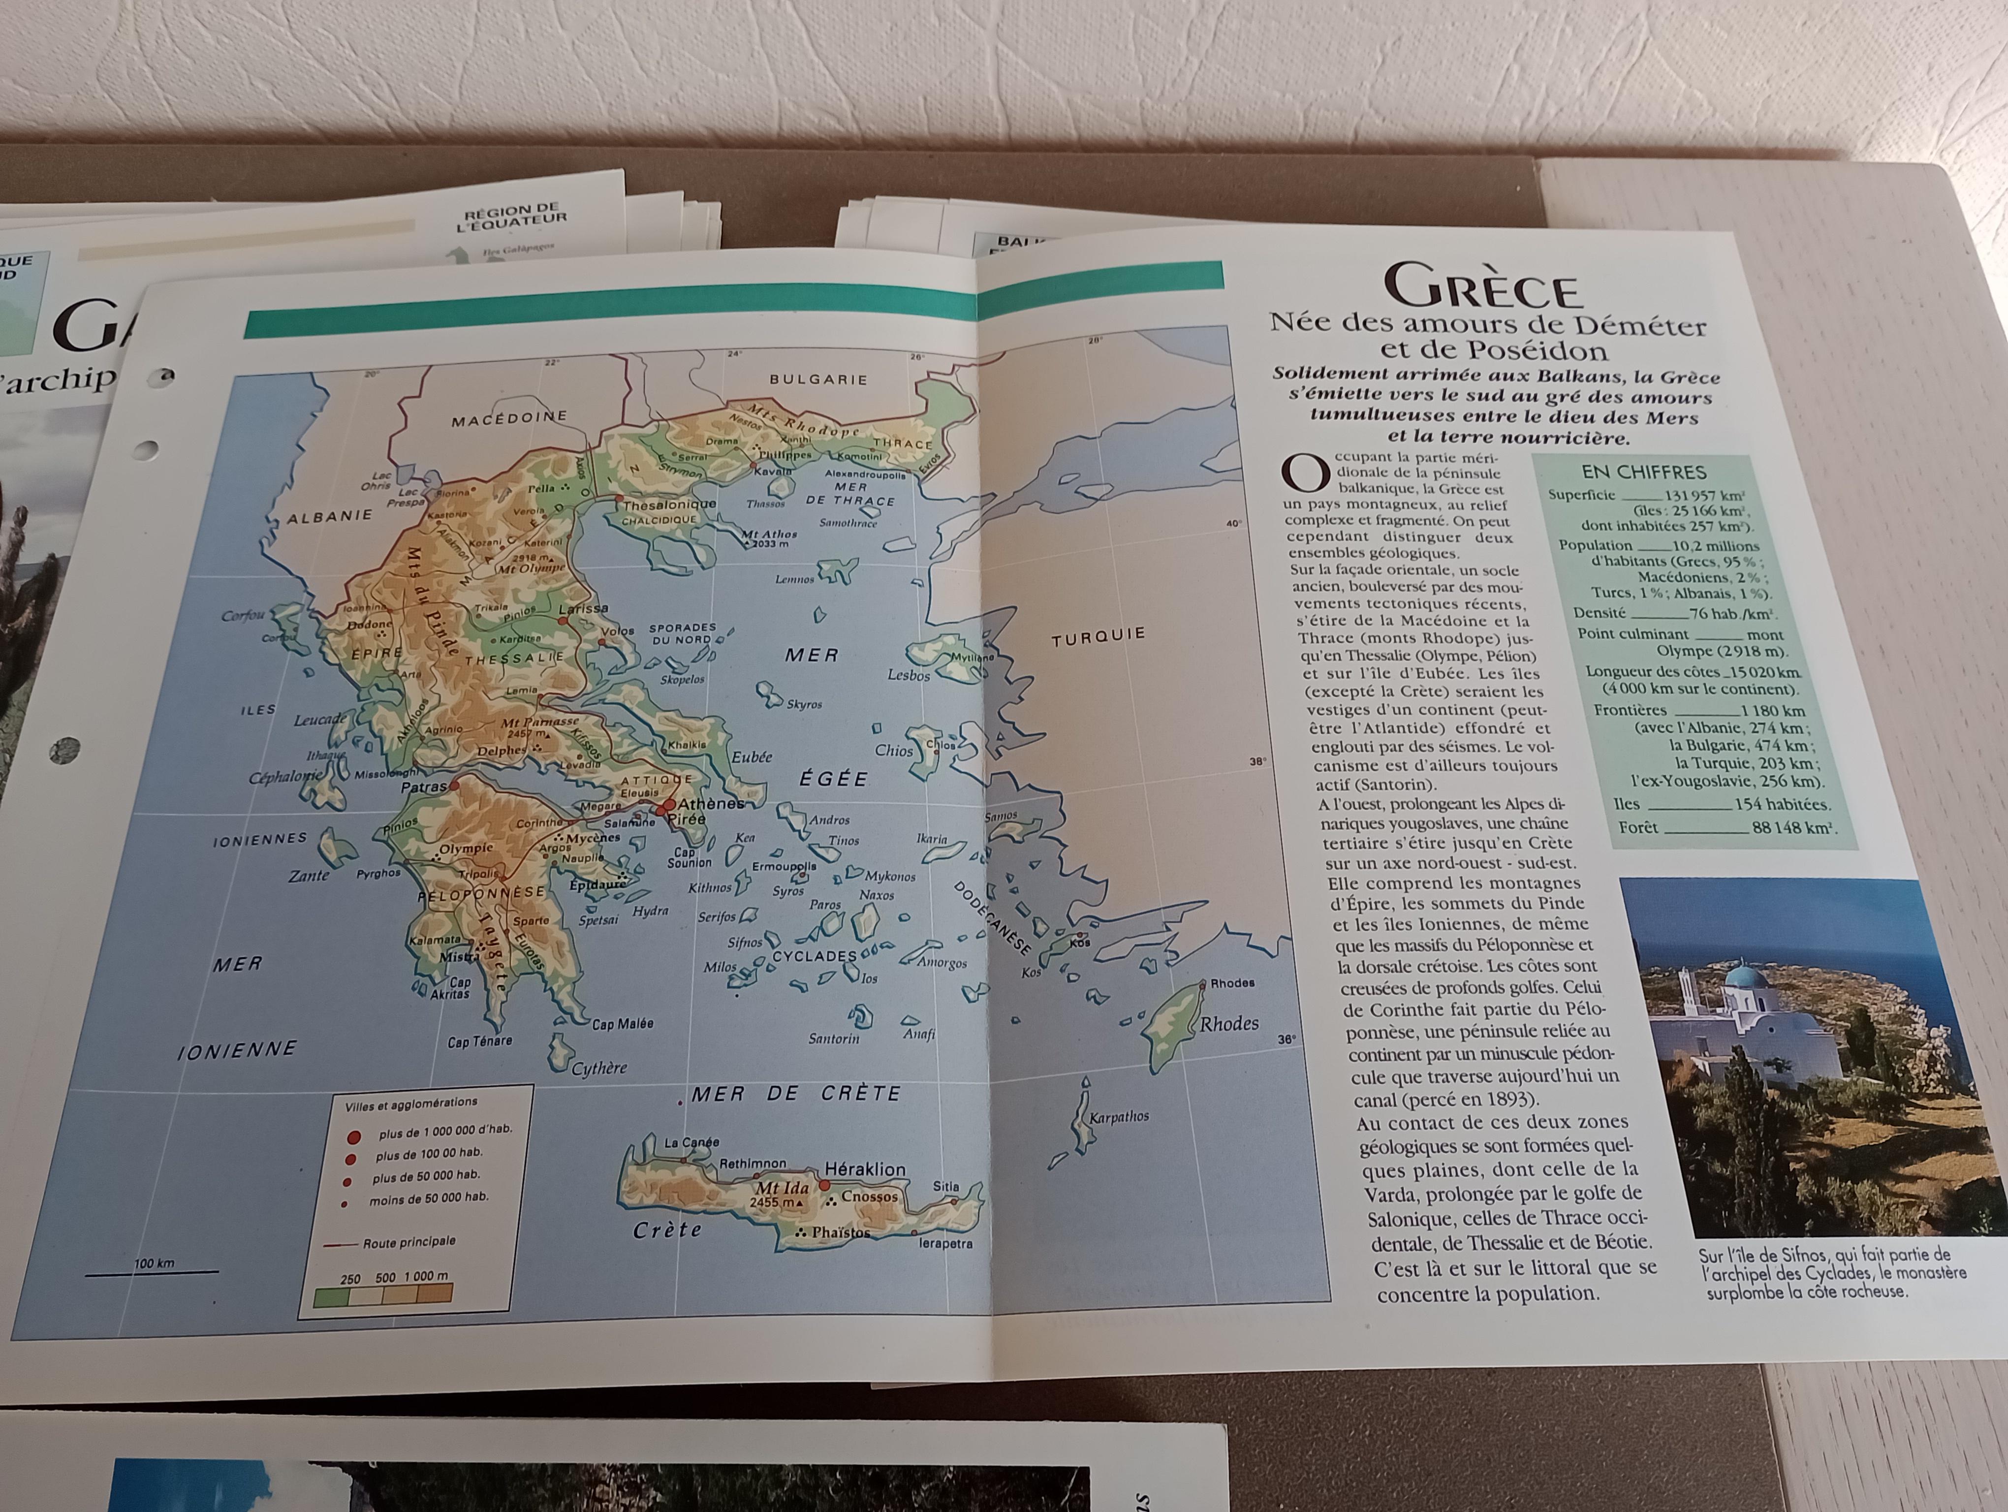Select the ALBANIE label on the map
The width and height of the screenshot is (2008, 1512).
click(330, 515)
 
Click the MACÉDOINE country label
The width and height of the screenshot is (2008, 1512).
click(509, 418)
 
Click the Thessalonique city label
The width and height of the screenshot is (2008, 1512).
click(669, 504)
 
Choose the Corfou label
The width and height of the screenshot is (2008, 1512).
click(243, 615)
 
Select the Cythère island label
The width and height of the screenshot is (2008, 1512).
click(599, 1068)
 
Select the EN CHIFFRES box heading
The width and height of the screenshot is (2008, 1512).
click(1643, 472)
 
